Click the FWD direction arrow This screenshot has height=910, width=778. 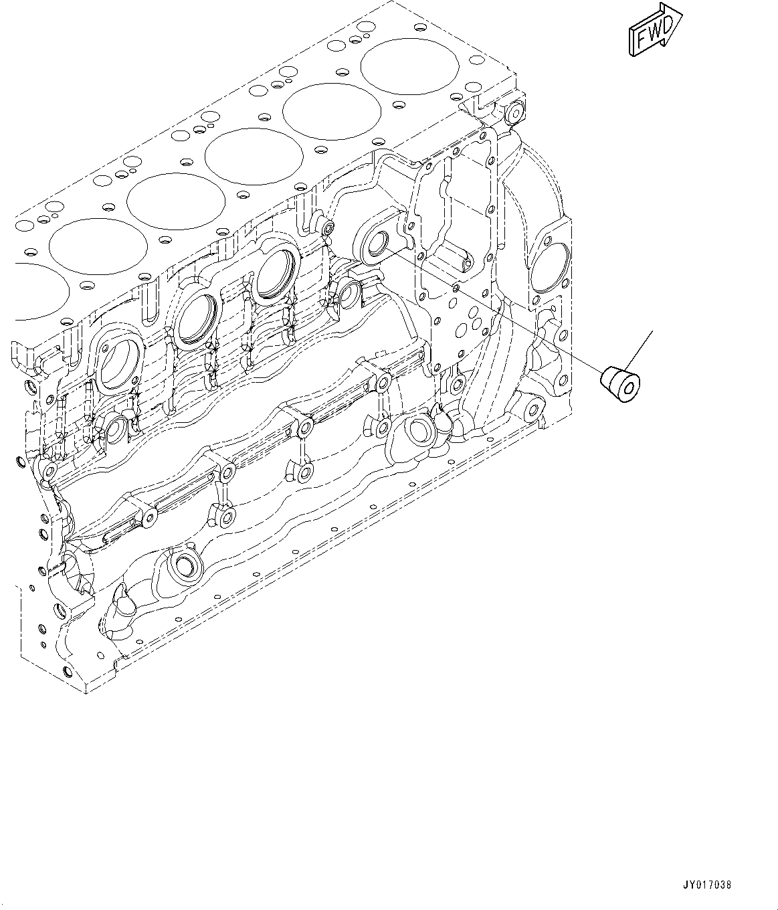pos(655,30)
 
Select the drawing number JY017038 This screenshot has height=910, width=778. pos(707,885)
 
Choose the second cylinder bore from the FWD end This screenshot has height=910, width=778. pos(332,111)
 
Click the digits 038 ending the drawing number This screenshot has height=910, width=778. pos(722,885)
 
